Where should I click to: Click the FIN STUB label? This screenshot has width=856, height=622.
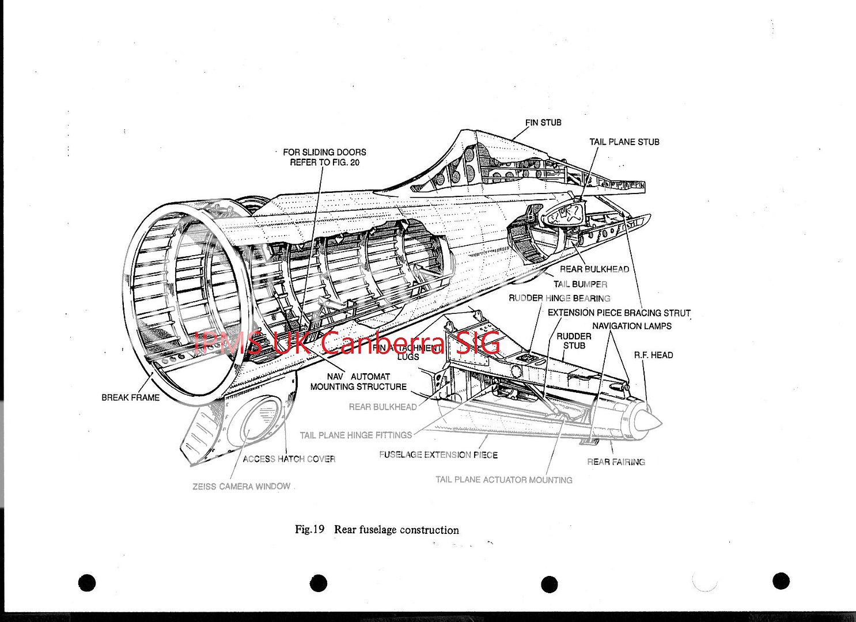click(x=543, y=123)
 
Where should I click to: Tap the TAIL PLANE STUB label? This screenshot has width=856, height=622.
click(x=624, y=142)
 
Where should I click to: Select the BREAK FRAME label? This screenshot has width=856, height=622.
click(x=130, y=398)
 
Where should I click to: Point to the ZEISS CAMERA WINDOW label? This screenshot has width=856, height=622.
click(x=241, y=487)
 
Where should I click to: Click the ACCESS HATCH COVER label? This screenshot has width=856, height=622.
click(x=289, y=459)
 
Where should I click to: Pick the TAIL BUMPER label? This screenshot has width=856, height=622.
click(x=580, y=285)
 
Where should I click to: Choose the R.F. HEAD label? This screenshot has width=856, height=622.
click(x=653, y=355)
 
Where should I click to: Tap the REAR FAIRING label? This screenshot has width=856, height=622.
click(x=616, y=462)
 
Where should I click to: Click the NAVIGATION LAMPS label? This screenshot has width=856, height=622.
click(x=631, y=327)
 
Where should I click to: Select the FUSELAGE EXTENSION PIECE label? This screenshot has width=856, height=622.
click(x=438, y=455)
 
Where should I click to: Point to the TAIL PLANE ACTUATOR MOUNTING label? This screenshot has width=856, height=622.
click(x=503, y=480)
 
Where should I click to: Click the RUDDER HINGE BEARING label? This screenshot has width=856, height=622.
click(x=559, y=298)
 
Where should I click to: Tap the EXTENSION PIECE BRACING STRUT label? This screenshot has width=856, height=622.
click(x=619, y=313)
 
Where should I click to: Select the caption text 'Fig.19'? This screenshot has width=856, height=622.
click(x=310, y=530)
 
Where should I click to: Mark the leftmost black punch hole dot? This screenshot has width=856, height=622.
click(x=86, y=583)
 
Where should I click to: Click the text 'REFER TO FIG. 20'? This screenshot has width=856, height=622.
click(x=324, y=163)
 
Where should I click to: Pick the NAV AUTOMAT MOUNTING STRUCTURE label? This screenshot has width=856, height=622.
click(x=358, y=382)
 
